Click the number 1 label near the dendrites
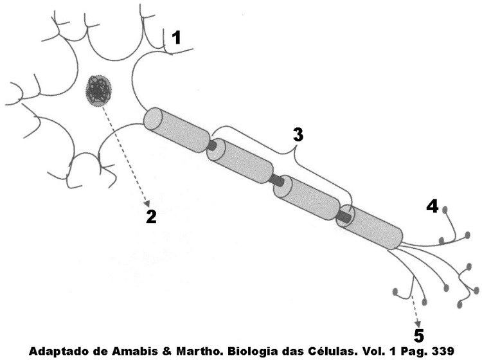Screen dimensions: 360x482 pos(175,38)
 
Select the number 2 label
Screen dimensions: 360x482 pos(151,216)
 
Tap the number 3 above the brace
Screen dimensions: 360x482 pos(298,135)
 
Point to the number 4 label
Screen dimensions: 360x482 pos(432,206)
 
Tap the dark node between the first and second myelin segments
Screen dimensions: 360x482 pos(211,145)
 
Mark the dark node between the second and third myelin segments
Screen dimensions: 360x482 pos(277,181)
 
